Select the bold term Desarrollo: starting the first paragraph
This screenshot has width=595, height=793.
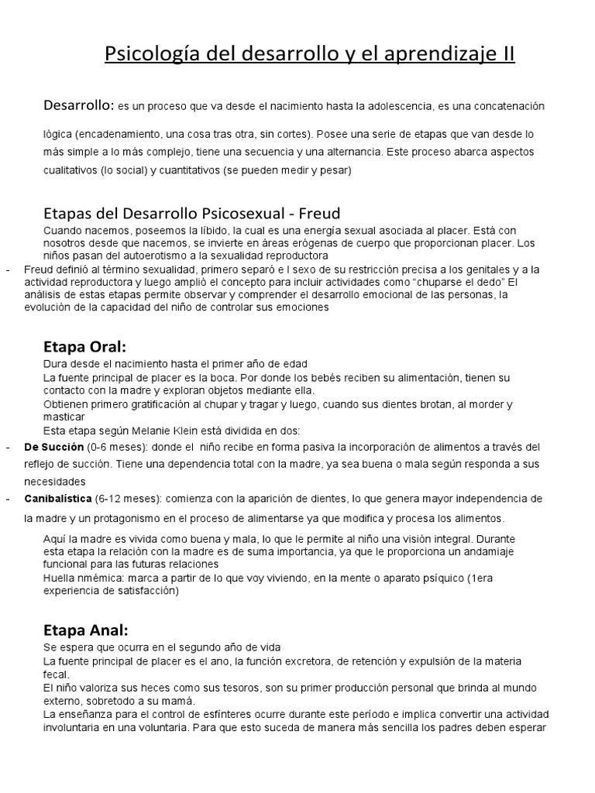(x=78, y=104)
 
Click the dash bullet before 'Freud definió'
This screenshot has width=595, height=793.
(x=6, y=269)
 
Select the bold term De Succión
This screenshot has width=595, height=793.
(x=53, y=448)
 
